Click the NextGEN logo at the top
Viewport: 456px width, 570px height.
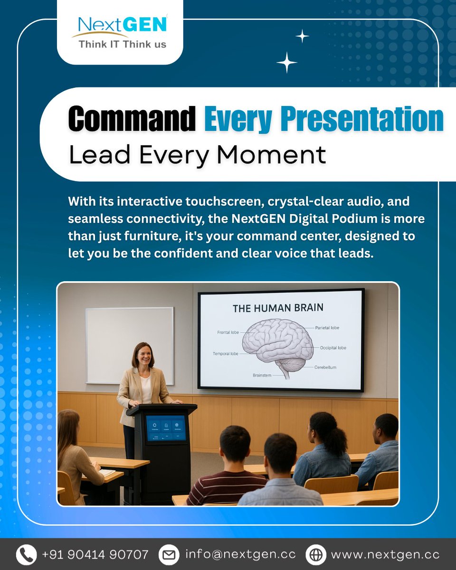point(120,31)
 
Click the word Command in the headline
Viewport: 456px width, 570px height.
point(132,119)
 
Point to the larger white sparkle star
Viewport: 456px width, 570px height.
point(287,63)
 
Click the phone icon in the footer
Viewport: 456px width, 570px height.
point(27,554)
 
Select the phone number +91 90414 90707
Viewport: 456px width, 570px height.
point(95,554)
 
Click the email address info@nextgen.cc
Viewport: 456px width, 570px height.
point(240,554)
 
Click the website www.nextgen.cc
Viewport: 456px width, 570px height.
point(385,554)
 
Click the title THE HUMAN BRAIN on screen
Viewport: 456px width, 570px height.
point(278,308)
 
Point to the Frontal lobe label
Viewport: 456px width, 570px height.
point(228,332)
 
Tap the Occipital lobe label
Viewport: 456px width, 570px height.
point(333,348)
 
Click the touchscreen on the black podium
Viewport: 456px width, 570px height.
point(166,427)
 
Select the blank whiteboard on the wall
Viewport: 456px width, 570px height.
point(129,345)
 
